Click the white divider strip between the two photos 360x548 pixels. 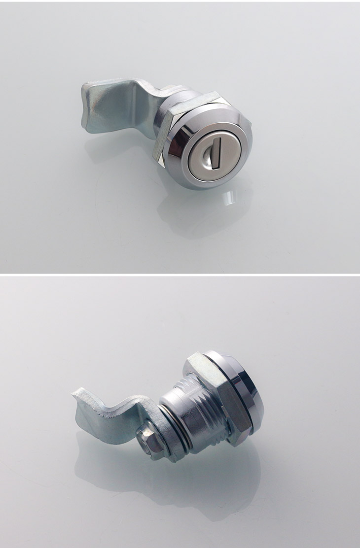coord(180,274)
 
